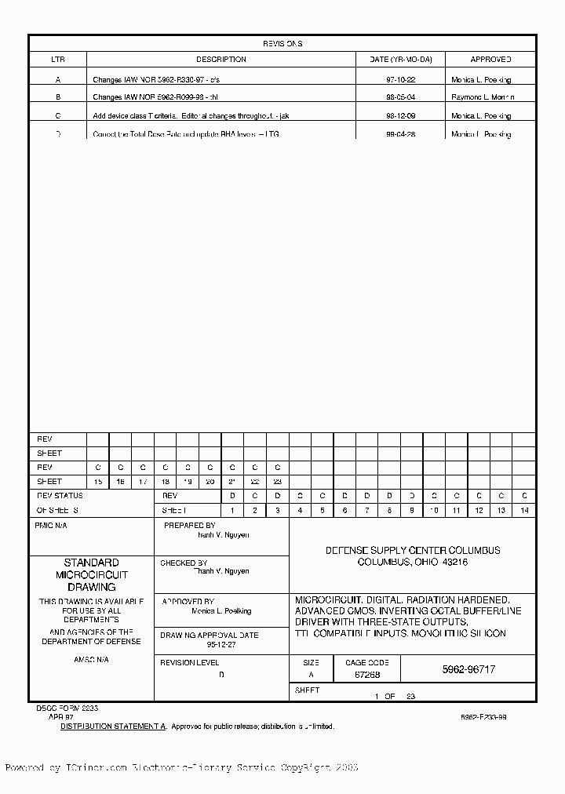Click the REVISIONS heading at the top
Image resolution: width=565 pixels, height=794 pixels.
click(282, 44)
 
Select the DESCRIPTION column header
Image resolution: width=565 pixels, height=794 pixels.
click(221, 60)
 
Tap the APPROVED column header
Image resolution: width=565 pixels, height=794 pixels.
click(490, 60)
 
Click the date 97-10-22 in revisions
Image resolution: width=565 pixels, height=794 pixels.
click(400, 80)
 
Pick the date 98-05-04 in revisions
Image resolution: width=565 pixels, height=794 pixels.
click(400, 97)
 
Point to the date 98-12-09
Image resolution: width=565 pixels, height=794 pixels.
click(400, 115)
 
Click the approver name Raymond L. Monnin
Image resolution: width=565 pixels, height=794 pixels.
click(483, 97)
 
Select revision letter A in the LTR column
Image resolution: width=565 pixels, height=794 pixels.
click(58, 80)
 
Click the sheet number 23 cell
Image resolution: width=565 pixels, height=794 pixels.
click(277, 482)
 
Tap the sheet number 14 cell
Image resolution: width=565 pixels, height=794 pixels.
click(524, 510)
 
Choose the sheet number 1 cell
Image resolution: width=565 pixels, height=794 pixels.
click(232, 510)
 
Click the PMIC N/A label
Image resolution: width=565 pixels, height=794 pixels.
click(52, 526)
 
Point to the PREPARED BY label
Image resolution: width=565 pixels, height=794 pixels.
click(189, 526)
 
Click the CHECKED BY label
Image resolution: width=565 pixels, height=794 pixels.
click(184, 563)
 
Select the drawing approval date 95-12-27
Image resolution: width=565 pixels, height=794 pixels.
click(222, 645)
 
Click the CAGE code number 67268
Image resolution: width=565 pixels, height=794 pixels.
click(367, 674)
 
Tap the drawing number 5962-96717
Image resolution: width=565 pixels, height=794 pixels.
click(468, 669)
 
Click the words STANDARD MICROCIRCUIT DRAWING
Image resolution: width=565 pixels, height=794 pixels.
click(91, 574)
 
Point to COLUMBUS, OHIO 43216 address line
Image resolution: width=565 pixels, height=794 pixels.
click(413, 563)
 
